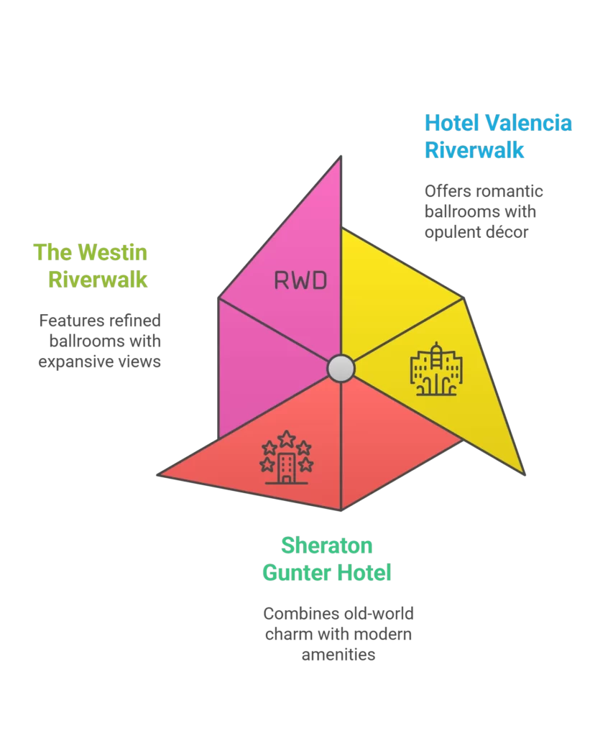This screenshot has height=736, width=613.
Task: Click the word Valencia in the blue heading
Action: point(528,123)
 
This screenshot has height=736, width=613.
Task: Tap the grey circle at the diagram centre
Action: point(341,368)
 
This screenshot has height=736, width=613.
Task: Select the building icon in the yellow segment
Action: point(436,369)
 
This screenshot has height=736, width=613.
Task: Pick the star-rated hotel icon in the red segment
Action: point(286,457)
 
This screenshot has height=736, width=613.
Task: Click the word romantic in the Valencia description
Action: point(509,192)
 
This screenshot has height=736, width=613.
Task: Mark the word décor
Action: point(510,233)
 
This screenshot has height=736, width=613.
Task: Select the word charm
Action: point(289,635)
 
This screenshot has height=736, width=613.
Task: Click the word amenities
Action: point(338,655)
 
